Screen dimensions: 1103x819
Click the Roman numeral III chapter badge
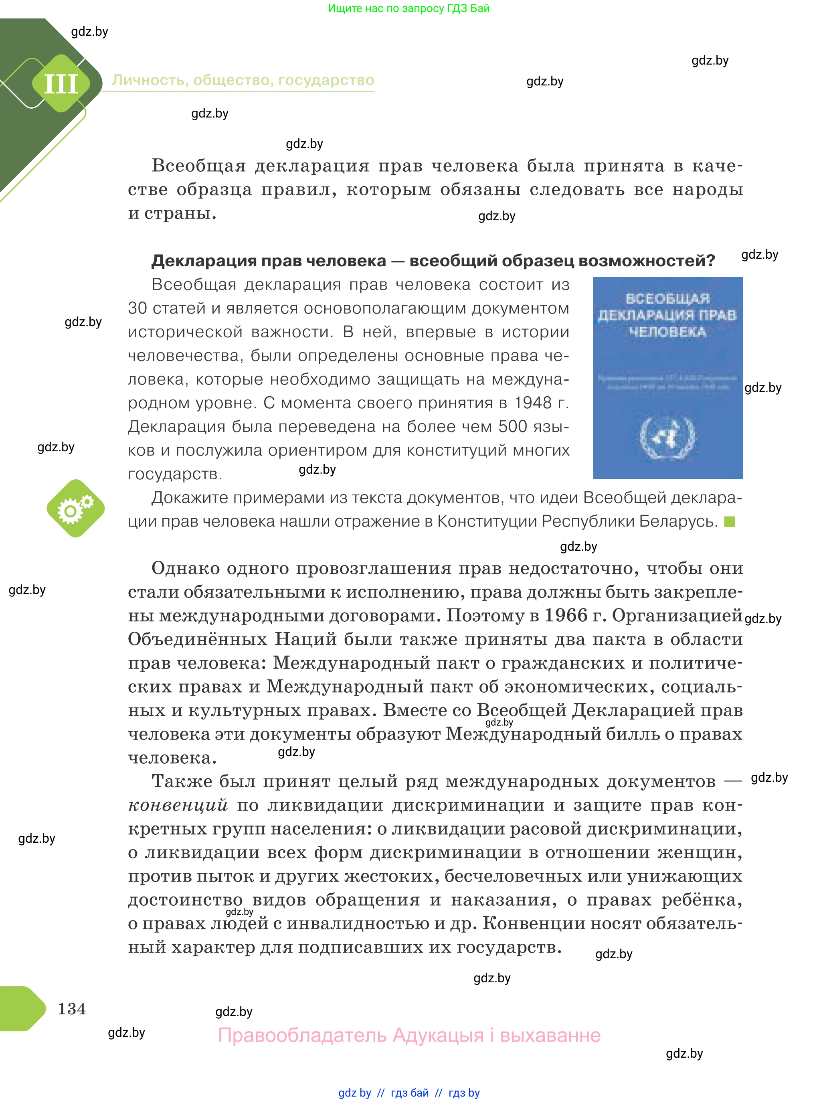pos(61,83)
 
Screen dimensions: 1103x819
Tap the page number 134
pos(72,1008)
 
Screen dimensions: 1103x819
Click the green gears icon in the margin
pos(75,508)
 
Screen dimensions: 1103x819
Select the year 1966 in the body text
pos(566,616)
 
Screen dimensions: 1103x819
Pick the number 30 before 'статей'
pos(138,308)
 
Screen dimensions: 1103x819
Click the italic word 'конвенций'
pos(178,805)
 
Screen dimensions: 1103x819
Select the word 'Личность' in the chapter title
pos(149,80)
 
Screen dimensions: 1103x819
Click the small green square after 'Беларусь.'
pos(729,522)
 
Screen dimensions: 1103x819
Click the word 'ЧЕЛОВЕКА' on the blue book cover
pos(667,332)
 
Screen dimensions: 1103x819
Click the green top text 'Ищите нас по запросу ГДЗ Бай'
pos(408,8)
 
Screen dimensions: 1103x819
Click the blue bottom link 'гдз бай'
pos(410,1093)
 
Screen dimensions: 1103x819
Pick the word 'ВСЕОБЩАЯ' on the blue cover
pos(667,298)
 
